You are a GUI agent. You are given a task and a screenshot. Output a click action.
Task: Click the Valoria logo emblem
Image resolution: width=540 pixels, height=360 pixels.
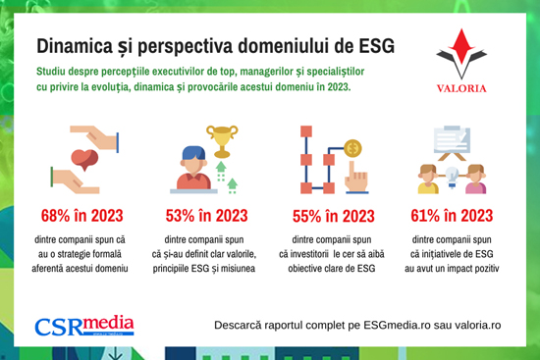click(x=461, y=53)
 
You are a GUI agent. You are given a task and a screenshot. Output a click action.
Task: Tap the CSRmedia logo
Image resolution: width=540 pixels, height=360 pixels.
click(x=84, y=326)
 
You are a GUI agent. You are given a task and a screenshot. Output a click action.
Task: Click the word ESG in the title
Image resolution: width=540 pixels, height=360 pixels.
click(x=377, y=46)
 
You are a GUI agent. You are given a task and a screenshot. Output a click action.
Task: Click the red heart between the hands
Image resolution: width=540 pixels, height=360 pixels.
click(x=84, y=160)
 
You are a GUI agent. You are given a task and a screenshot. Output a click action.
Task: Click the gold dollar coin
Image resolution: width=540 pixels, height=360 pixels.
click(x=352, y=148)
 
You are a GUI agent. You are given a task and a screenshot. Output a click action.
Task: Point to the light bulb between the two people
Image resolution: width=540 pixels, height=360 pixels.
click(x=452, y=177)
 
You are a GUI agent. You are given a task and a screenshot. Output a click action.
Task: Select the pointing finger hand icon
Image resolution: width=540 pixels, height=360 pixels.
click(x=356, y=178)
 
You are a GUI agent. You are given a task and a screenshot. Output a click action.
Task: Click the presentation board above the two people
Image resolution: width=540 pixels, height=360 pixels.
click(x=452, y=142)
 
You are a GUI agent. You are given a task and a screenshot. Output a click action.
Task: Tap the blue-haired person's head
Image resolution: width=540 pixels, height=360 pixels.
click(x=193, y=159)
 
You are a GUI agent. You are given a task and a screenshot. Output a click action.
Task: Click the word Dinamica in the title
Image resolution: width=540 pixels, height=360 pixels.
click(x=75, y=46)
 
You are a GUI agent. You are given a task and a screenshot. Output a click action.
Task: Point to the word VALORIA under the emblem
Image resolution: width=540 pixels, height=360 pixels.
click(x=461, y=88)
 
